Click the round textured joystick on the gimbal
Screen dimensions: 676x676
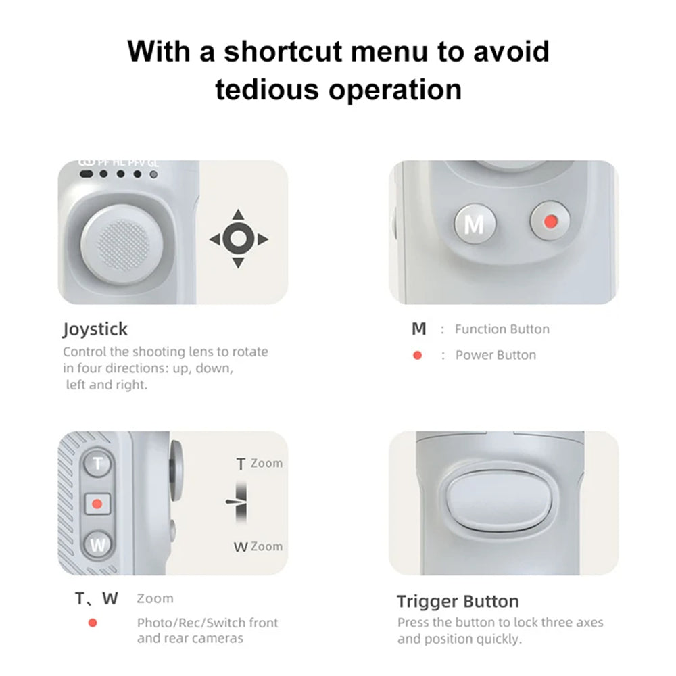click(x=122, y=244)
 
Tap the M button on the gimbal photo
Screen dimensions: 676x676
click(x=475, y=224)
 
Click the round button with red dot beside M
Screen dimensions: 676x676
click(x=550, y=221)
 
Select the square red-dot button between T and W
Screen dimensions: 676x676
click(x=97, y=504)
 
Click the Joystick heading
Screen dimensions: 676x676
click(x=95, y=330)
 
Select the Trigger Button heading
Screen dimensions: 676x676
click(x=458, y=602)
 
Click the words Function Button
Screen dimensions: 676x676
click(x=502, y=329)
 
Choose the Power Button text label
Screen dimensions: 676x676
click(x=496, y=355)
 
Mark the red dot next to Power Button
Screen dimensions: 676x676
click(x=417, y=355)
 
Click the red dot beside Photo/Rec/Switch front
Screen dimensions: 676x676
click(x=93, y=623)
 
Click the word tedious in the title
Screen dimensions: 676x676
click(x=271, y=89)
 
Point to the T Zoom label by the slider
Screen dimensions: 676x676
click(x=259, y=464)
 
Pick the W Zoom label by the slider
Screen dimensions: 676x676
click(x=258, y=546)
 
